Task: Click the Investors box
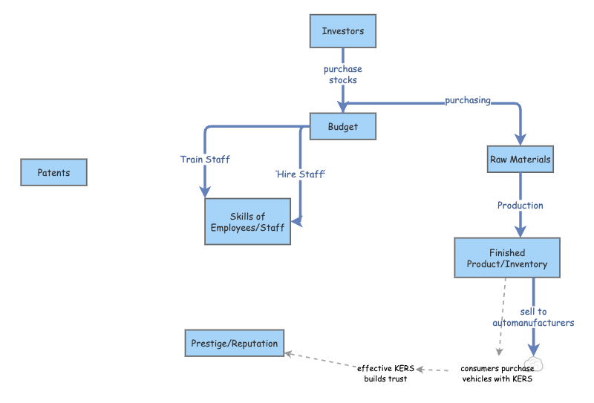[x=342, y=31]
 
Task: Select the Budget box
[x=342, y=126]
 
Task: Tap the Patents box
[x=53, y=173]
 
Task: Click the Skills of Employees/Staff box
[x=247, y=221]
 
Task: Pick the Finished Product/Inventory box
[x=507, y=258]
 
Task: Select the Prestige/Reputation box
[x=234, y=344]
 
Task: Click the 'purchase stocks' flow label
[x=342, y=74]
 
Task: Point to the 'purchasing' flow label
[x=468, y=100]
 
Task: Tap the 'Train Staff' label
[x=205, y=159]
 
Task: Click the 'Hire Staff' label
[x=301, y=173]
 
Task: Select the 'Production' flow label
[x=520, y=205]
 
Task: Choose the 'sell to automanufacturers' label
[x=533, y=317]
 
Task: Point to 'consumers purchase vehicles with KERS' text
[x=497, y=373]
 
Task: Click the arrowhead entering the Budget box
[x=342, y=108]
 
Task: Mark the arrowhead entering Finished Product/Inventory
[x=520, y=232]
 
